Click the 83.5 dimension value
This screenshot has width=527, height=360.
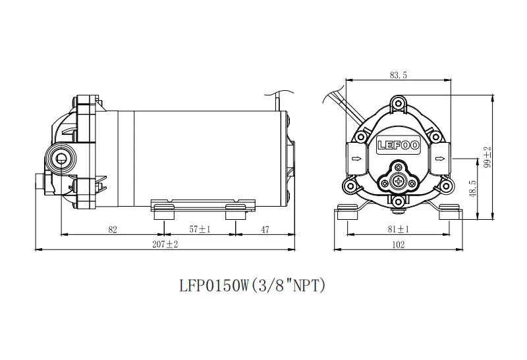(399, 75)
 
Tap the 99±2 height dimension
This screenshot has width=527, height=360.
(487, 157)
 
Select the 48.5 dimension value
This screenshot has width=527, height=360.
(473, 189)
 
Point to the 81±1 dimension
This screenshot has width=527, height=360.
(399, 229)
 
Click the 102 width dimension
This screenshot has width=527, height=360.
(399, 244)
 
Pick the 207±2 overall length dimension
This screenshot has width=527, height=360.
(165, 244)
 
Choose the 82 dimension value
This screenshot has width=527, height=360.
(113, 230)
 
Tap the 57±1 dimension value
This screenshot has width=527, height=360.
(200, 230)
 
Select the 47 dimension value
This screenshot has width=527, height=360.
(265, 230)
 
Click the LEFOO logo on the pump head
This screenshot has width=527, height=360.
(399, 145)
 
